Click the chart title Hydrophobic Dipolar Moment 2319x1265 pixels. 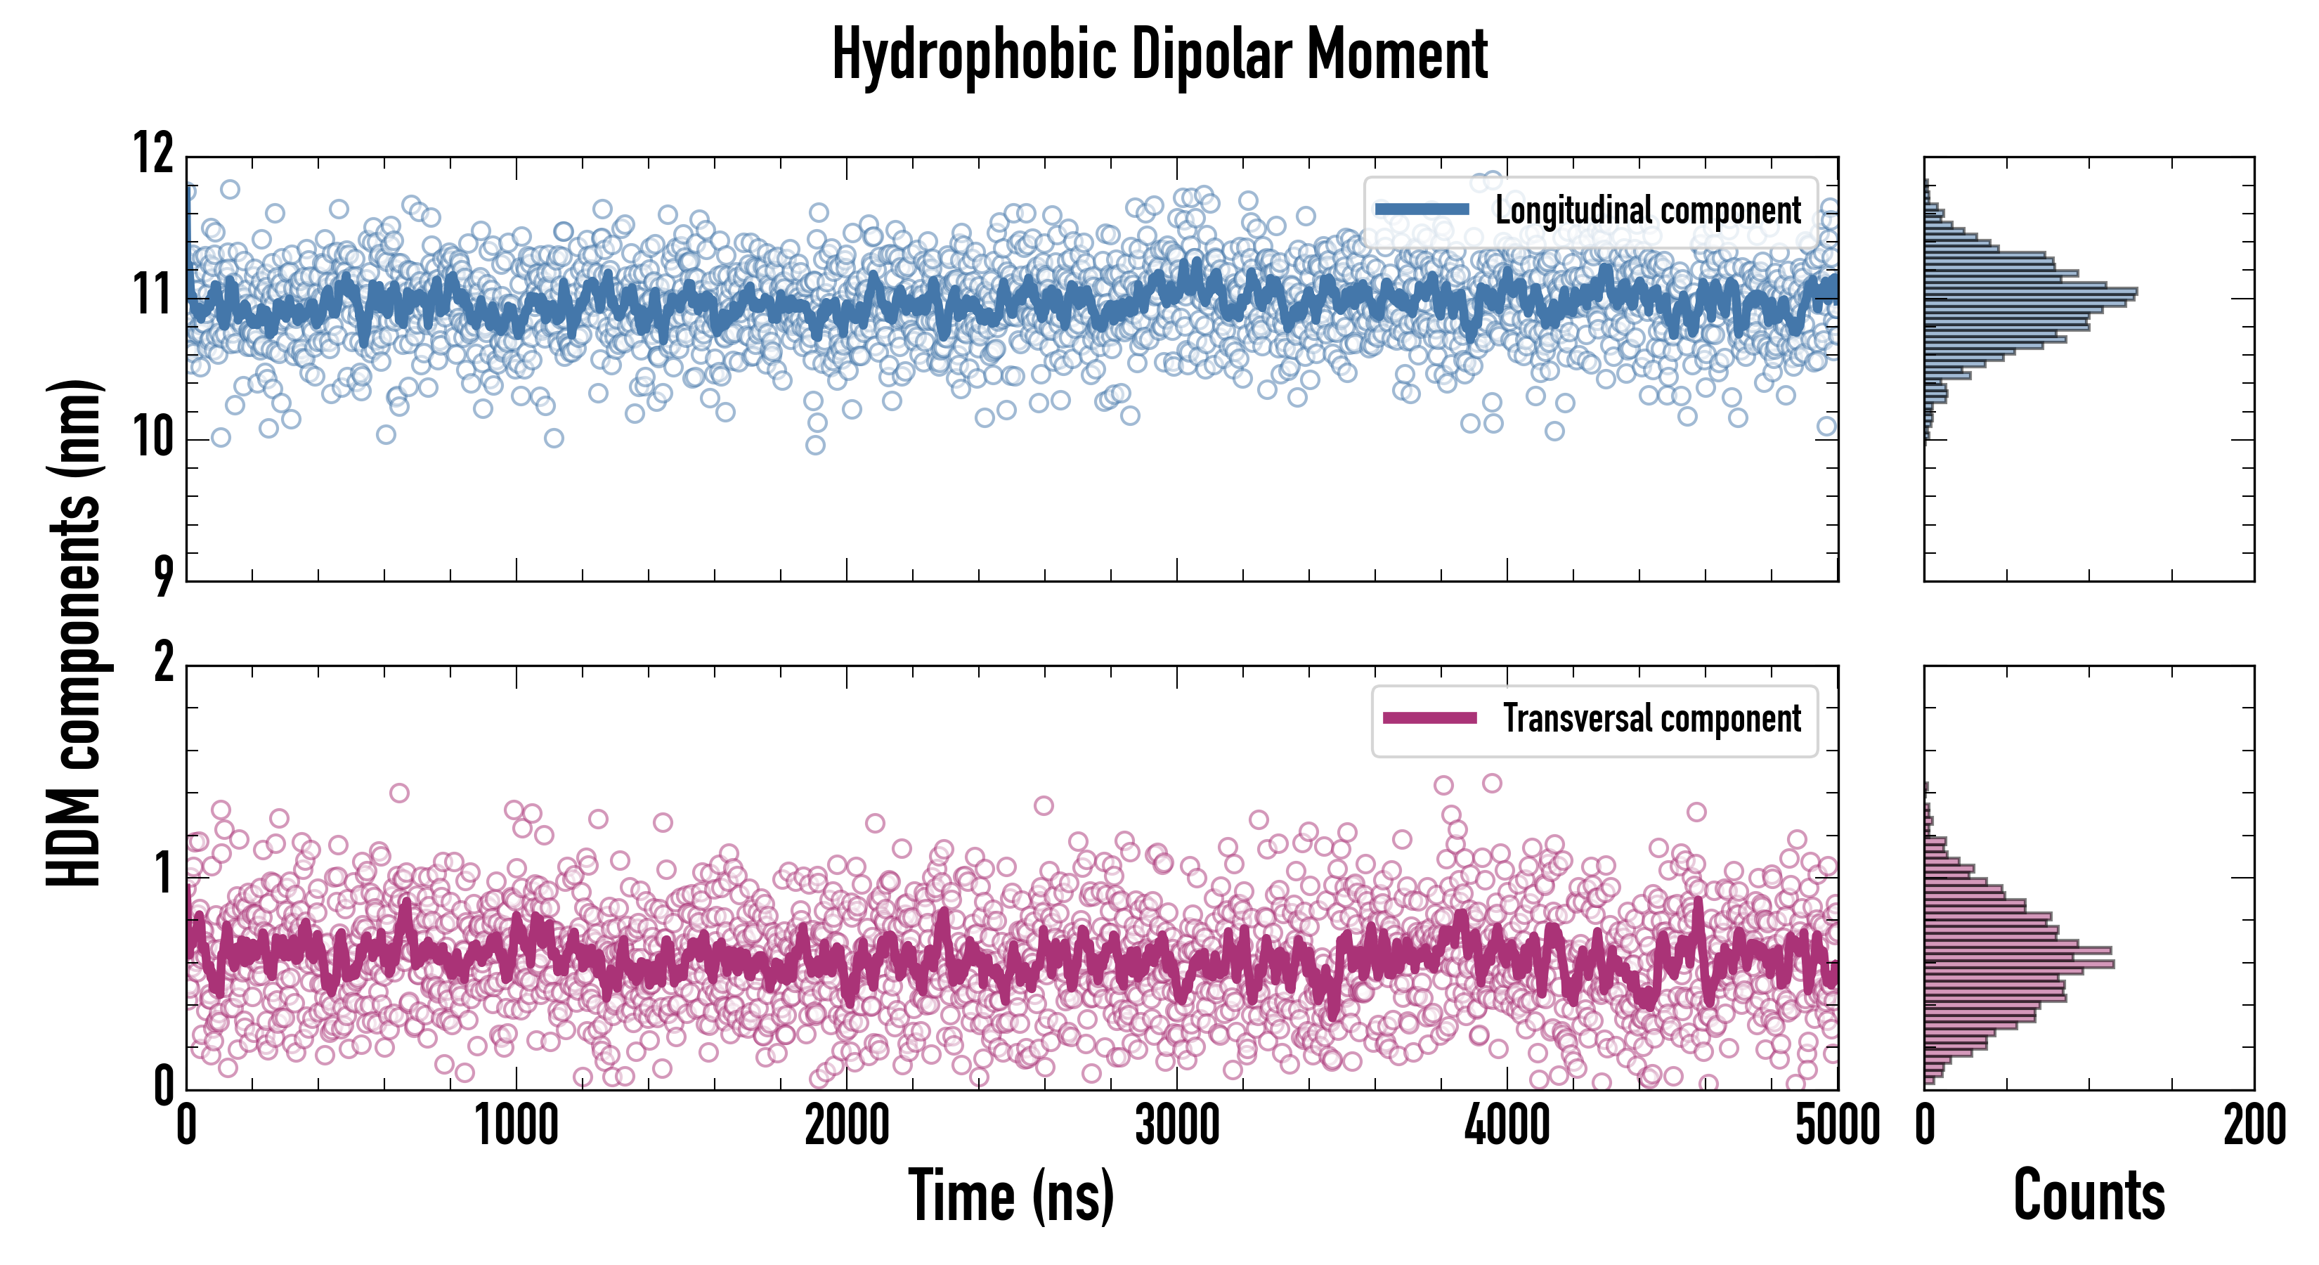(x=1159, y=55)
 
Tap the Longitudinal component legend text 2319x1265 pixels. (x=1647, y=211)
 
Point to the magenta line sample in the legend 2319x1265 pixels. (x=1429, y=718)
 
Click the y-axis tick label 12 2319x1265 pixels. (x=153, y=153)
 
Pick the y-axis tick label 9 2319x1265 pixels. (x=163, y=577)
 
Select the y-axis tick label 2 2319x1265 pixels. (x=163, y=663)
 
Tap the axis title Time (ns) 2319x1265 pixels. (x=1011, y=1195)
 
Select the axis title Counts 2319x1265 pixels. (x=2089, y=1195)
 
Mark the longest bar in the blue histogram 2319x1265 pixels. (x=2030, y=292)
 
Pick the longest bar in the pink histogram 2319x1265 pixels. (x=2019, y=964)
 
